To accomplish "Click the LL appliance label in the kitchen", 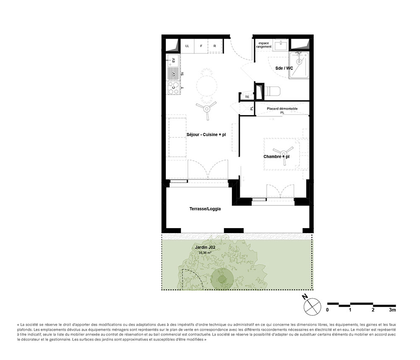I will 187,46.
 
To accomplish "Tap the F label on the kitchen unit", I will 201,46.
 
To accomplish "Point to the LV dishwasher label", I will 173,74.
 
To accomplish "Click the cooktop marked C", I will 173,87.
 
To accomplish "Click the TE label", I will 247,97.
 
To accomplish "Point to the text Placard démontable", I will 282,108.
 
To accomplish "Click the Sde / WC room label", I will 284,68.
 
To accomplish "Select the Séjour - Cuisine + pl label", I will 206,134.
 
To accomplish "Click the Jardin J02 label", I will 205,248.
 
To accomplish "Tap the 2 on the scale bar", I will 373,310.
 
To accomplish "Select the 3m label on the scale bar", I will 392,310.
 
